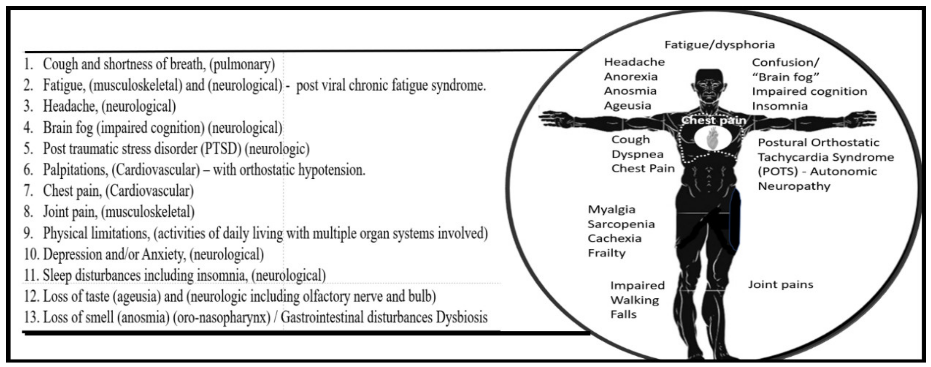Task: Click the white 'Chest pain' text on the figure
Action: (x=714, y=120)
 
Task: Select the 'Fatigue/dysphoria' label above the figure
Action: (x=720, y=45)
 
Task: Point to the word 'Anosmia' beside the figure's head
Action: (x=630, y=91)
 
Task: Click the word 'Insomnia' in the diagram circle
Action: (x=780, y=106)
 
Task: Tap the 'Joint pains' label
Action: (x=780, y=285)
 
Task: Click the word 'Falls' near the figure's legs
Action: (x=623, y=314)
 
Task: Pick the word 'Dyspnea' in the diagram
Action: (x=637, y=154)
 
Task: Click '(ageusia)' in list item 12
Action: (x=136, y=296)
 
